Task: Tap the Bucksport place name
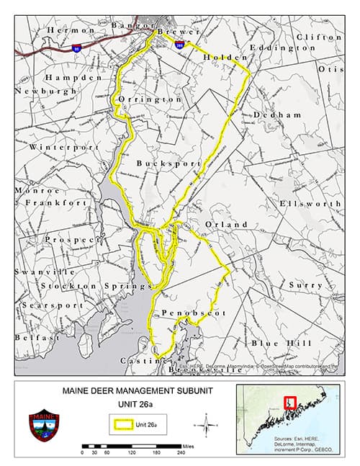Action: (168, 163)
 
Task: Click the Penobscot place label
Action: (194, 313)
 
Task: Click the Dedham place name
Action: (276, 115)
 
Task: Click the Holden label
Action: (225, 57)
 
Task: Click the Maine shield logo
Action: (45, 426)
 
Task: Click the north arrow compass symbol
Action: (206, 424)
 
